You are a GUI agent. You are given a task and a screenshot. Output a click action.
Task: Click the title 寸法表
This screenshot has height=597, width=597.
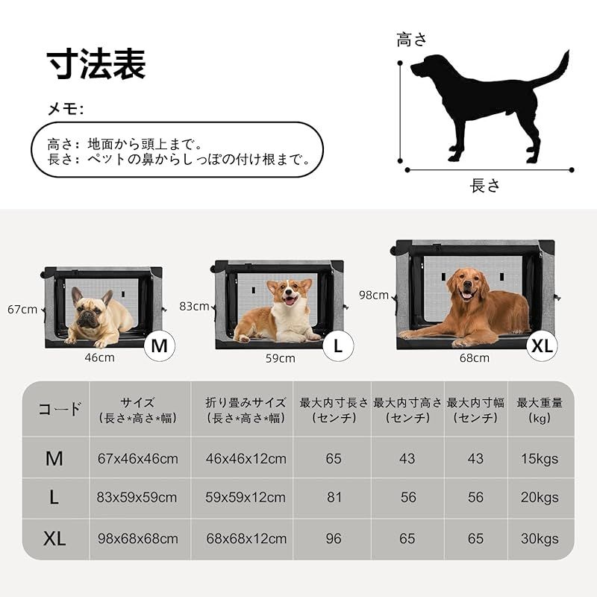click(x=96, y=65)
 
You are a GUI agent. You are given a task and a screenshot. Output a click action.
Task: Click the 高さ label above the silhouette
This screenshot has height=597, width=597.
click(x=414, y=40)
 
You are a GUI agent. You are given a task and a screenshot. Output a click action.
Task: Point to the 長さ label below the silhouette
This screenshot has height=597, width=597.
click(x=485, y=186)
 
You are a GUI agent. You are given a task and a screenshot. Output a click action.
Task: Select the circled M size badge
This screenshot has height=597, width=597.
click(x=159, y=346)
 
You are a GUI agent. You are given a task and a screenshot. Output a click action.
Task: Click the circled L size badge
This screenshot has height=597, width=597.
click(x=338, y=346)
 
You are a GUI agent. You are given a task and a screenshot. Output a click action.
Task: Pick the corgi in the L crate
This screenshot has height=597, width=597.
click(x=280, y=313)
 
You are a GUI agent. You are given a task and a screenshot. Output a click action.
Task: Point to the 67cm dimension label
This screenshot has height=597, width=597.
click(x=22, y=309)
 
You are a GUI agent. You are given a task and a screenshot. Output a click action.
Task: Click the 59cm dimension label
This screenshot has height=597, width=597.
click(x=281, y=358)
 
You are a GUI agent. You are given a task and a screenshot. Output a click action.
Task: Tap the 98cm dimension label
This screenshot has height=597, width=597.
click(x=374, y=295)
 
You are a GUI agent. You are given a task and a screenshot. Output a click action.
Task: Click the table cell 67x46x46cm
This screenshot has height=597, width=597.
click(x=137, y=458)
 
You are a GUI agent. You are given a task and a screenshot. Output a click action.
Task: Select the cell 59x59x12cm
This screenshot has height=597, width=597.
click(x=246, y=497)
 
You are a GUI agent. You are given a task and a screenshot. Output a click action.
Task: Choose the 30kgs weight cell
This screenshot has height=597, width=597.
click(x=540, y=538)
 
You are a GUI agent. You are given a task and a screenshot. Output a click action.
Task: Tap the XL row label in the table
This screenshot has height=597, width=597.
click(x=54, y=539)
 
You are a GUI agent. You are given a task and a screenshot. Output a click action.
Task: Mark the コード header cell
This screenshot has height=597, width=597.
click(x=60, y=409)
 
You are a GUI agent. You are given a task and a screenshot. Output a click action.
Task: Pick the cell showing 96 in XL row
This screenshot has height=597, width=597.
click(x=333, y=538)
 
